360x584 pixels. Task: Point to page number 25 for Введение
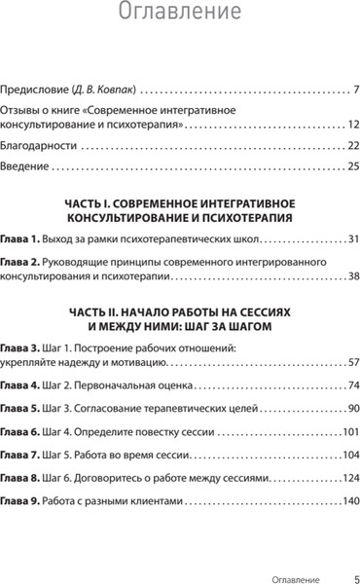click(352, 165)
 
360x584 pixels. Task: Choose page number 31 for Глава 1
click(352, 238)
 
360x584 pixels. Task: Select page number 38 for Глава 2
click(352, 276)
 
